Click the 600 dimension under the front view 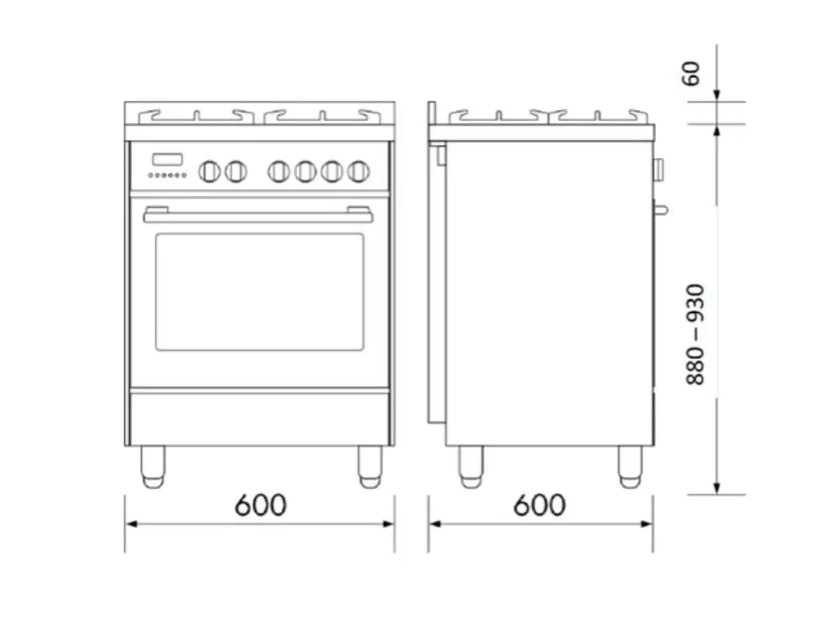pyautogui.click(x=260, y=505)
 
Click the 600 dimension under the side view pyautogui.click(x=539, y=505)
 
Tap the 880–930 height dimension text pyautogui.click(x=695, y=334)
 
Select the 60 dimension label pyautogui.click(x=690, y=73)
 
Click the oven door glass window pyautogui.click(x=259, y=292)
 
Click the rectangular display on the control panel pyautogui.click(x=167, y=159)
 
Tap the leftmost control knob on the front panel pyautogui.click(x=210, y=171)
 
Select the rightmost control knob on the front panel pyautogui.click(x=359, y=171)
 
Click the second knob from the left pyautogui.click(x=236, y=171)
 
